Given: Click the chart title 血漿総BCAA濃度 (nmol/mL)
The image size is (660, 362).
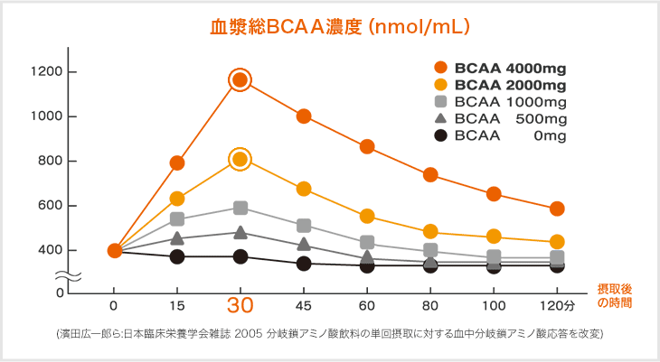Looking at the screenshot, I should click(338, 27).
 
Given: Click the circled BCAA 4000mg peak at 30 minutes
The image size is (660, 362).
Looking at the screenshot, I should click(240, 80).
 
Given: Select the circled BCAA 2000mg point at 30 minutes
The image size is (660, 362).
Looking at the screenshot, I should click(240, 160).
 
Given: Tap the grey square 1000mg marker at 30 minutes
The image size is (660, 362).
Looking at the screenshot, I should click(240, 209).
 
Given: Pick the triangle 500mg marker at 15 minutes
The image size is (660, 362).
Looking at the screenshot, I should click(177, 238).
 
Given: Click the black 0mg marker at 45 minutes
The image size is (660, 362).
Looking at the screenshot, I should click(304, 264).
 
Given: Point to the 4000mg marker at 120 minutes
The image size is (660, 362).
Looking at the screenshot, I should click(557, 209).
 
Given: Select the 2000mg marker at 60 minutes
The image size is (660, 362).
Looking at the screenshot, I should click(367, 217).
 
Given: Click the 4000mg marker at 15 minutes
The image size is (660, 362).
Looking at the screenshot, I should click(177, 163).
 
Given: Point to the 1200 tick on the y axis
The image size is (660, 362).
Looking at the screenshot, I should click(44, 72).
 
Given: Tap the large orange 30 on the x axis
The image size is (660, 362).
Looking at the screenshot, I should click(240, 304).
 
